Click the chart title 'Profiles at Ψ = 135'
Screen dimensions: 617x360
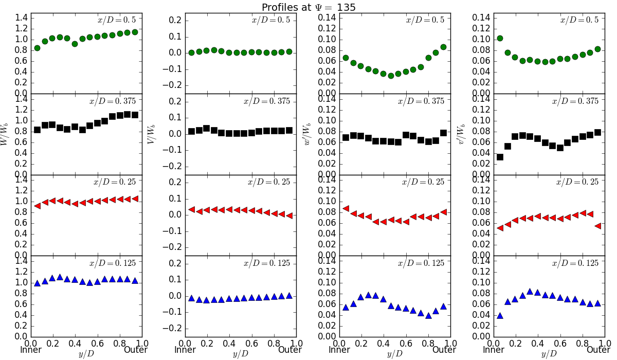[x=308, y=7]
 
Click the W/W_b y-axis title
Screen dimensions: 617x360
[x=5, y=134]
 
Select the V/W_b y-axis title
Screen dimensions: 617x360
[x=151, y=134]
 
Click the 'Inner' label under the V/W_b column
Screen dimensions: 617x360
[x=185, y=350]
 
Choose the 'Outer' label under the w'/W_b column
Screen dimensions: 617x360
[x=444, y=350]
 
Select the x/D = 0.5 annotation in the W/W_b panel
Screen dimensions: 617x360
[x=117, y=20]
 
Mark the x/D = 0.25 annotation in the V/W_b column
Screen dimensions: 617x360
[x=268, y=182]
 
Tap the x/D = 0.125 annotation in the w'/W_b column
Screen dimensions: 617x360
[x=421, y=263]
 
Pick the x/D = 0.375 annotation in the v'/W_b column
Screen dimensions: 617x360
[x=575, y=101]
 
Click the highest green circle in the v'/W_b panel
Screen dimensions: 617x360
[x=500, y=38]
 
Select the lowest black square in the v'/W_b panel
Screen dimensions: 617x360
[x=500, y=157]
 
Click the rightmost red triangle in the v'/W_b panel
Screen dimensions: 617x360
[x=597, y=226]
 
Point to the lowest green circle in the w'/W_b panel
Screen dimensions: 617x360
[x=391, y=76]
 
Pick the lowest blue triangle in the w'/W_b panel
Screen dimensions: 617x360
[x=428, y=316]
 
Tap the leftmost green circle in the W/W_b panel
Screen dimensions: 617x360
[x=37, y=48]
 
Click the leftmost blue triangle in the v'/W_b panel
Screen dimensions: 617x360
[x=500, y=316]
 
